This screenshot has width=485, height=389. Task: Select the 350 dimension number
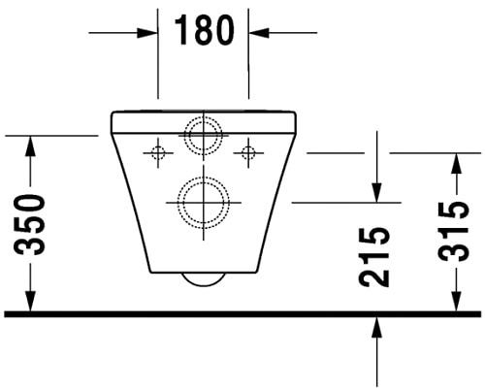pyautogui.click(x=31, y=224)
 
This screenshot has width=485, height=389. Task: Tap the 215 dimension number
pyautogui.click(x=375, y=256)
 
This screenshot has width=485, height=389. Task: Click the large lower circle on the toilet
pyautogui.click(x=204, y=204)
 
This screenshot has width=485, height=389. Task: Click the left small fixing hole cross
pyautogui.click(x=158, y=151)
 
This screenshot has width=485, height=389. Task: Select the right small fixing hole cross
pyautogui.click(x=248, y=151)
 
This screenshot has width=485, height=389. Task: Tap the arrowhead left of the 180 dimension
pyautogui.click(x=149, y=32)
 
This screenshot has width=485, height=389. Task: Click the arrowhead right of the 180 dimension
pyautogui.click(x=259, y=32)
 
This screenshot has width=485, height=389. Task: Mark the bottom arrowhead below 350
pyautogui.click(x=31, y=303)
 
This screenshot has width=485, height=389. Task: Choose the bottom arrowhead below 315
pyautogui.click(x=455, y=303)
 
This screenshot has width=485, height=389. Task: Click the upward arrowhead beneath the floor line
pyautogui.click(x=375, y=328)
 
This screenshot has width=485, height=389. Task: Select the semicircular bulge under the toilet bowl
pyautogui.click(x=204, y=279)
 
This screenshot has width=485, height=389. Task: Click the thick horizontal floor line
pyautogui.click(x=242, y=314)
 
